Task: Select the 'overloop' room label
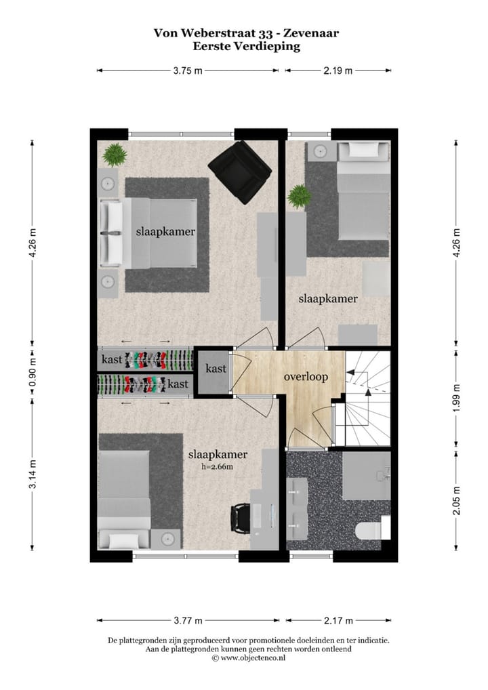click(306, 377)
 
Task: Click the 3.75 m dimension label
click(188, 70)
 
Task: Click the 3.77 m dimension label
click(188, 620)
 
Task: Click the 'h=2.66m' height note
click(217, 466)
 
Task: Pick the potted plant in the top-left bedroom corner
click(115, 155)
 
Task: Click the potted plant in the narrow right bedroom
click(298, 197)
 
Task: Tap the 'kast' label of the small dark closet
click(216, 369)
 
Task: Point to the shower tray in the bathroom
click(366, 476)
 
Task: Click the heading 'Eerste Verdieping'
click(246, 47)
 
